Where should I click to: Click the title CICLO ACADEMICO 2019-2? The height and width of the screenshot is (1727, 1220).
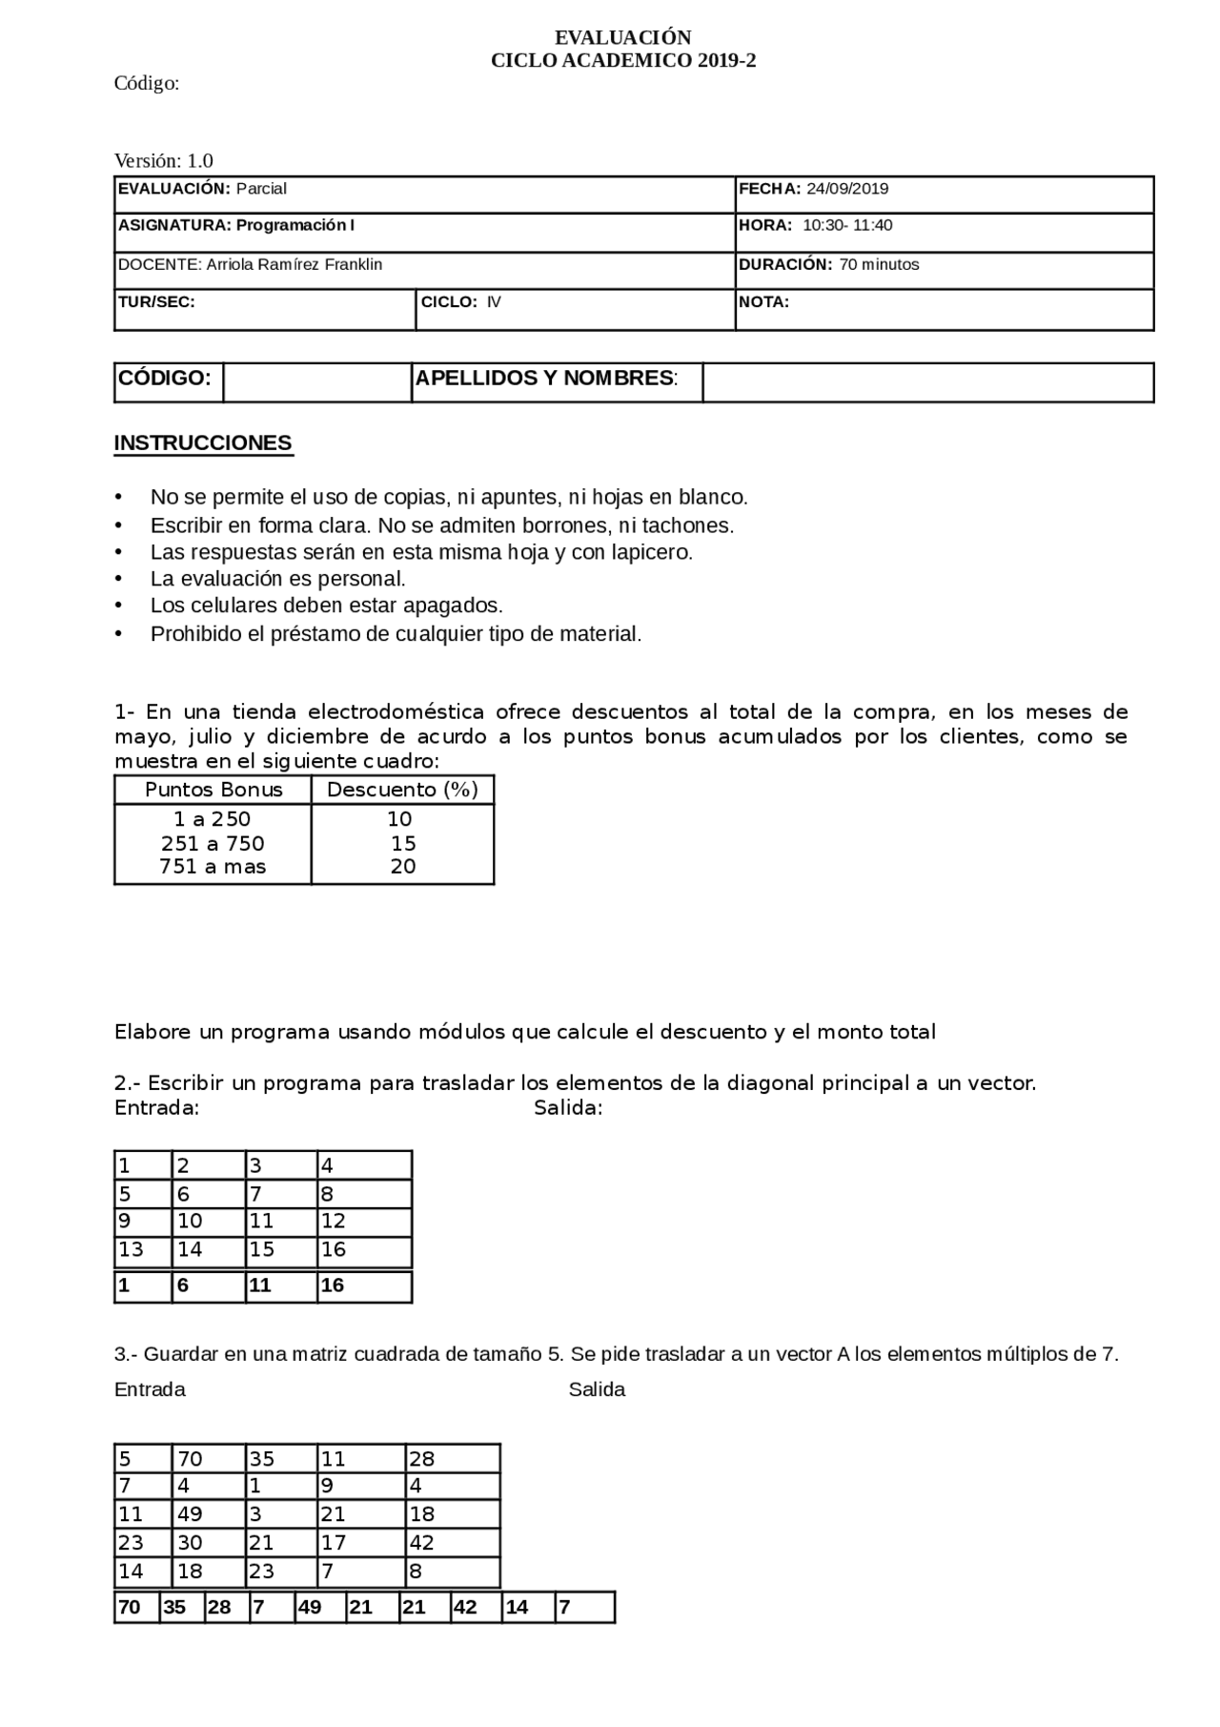click(x=623, y=61)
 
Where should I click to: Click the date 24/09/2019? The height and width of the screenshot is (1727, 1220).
click(x=846, y=189)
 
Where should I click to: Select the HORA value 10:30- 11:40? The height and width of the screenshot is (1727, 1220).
click(x=846, y=226)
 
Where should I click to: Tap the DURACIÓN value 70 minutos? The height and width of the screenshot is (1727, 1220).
click(x=878, y=265)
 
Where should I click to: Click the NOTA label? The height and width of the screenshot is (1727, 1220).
click(x=763, y=302)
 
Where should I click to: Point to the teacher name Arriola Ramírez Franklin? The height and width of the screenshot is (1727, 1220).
click(x=294, y=265)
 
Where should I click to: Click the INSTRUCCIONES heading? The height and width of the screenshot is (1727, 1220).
click(x=203, y=443)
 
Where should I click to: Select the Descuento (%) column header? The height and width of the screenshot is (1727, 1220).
click(x=402, y=790)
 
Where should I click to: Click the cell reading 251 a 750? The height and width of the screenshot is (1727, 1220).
click(x=213, y=844)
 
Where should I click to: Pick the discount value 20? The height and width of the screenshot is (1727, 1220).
click(x=403, y=867)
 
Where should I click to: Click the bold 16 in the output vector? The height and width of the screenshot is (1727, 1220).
click(x=332, y=1285)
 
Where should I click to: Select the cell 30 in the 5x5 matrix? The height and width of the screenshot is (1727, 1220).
click(x=190, y=1543)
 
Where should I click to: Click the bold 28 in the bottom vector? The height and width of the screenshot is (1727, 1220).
click(x=219, y=1608)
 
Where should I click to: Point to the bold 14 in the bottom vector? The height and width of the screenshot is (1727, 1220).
click(x=517, y=1608)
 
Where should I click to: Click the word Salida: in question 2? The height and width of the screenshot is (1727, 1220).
click(x=568, y=1108)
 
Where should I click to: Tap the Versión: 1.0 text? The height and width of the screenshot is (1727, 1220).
click(x=163, y=160)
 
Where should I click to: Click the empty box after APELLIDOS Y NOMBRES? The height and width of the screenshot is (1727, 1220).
click(x=926, y=382)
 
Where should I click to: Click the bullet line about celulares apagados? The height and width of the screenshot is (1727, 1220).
click(x=326, y=606)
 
